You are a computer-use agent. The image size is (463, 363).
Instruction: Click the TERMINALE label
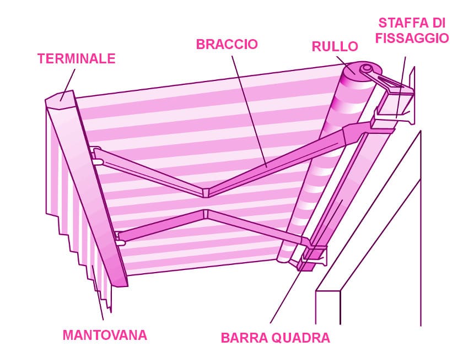tap(76, 58)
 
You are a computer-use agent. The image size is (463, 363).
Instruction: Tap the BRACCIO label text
tap(227, 45)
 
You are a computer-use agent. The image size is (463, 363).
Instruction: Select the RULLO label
tap(335, 46)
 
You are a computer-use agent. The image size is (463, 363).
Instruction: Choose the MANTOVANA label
tap(105, 334)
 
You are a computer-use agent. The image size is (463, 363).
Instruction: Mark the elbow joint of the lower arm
tap(205, 214)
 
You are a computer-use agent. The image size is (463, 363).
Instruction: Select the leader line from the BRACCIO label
tap(249, 110)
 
